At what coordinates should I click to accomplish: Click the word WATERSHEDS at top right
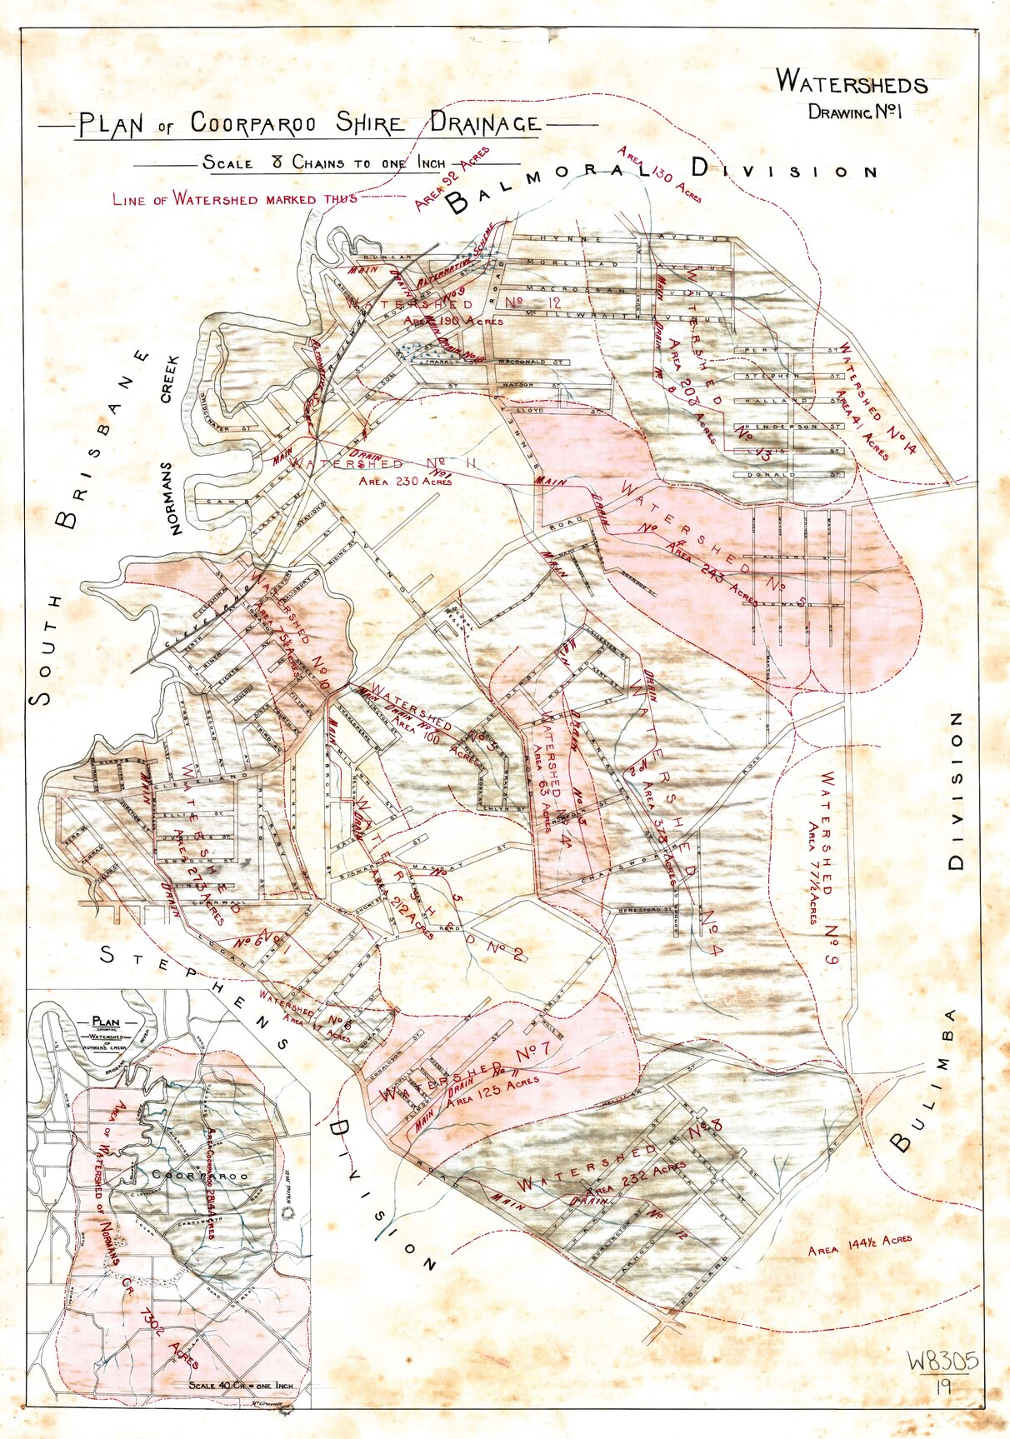[x=851, y=82]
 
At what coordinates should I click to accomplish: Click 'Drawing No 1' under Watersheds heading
[x=855, y=112]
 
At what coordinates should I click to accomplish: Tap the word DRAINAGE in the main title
[x=484, y=123]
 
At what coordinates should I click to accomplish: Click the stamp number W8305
[x=942, y=1362]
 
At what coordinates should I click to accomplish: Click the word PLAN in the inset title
[x=106, y=1021]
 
